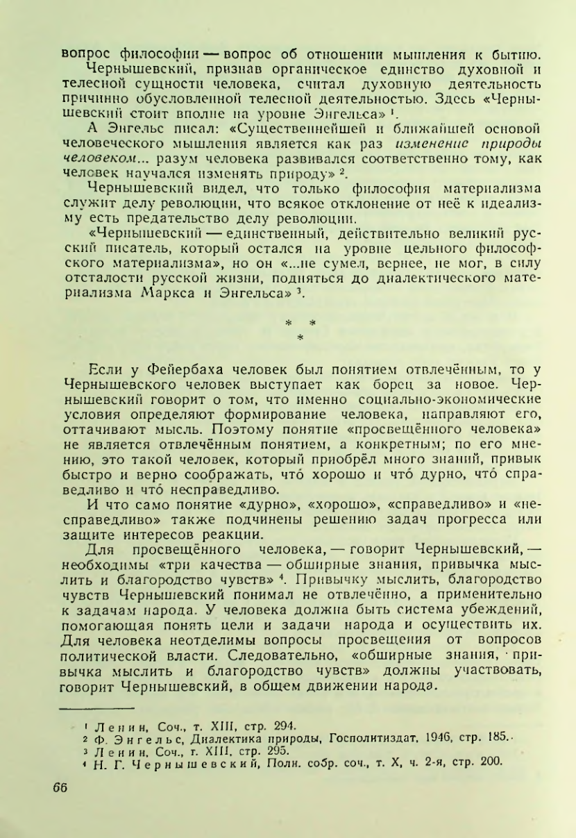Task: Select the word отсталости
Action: point(99,282)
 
